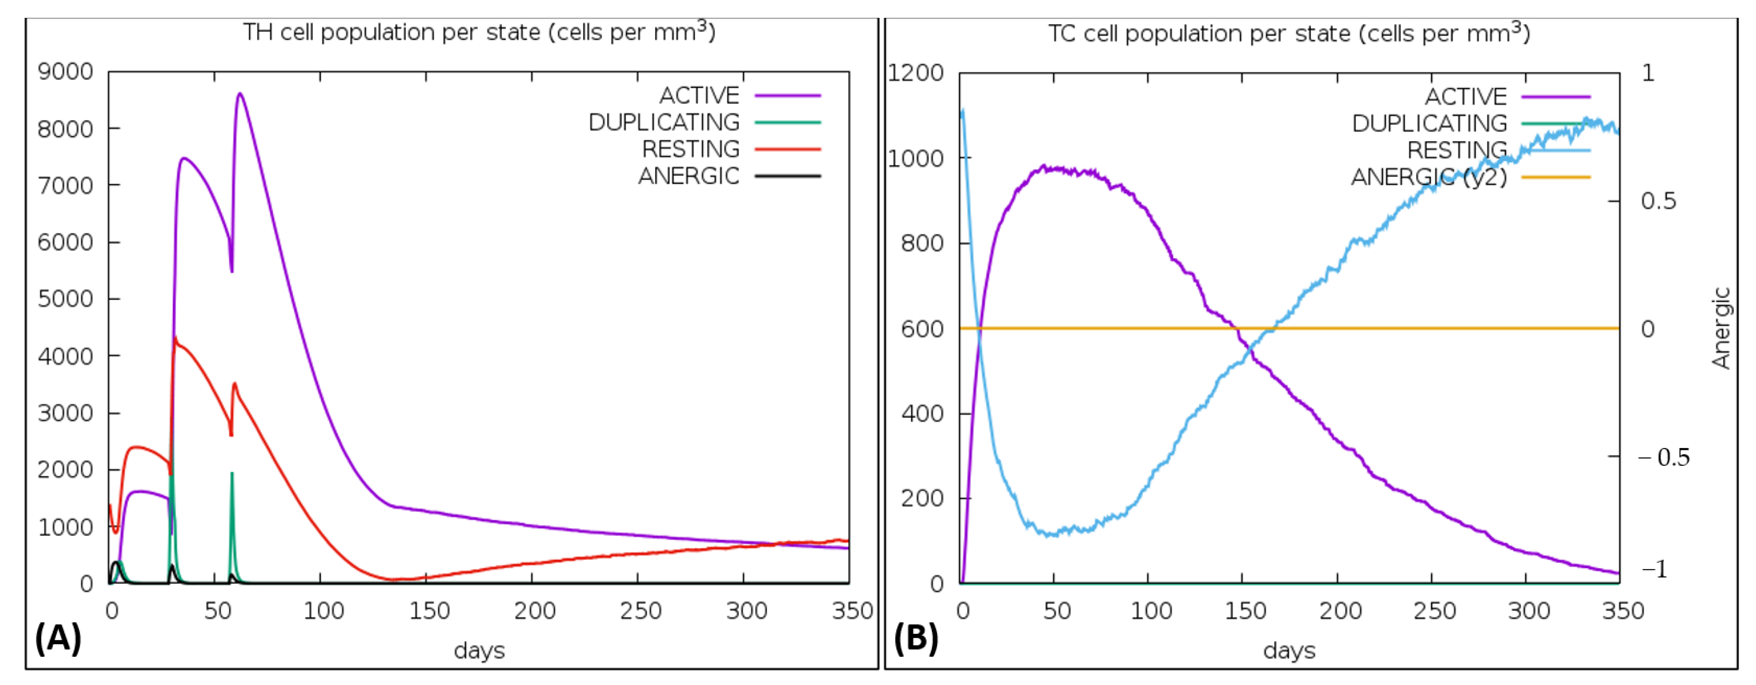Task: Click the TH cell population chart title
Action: [479, 32]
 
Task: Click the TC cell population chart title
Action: [1288, 33]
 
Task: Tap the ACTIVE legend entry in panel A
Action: [699, 96]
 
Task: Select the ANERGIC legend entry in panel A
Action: [689, 176]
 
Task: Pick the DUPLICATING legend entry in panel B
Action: [1429, 123]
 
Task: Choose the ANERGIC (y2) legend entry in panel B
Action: [1429, 177]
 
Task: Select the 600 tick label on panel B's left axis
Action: [922, 329]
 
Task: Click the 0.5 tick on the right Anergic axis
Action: [1658, 201]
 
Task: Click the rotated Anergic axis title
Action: [1721, 328]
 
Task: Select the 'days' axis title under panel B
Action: [1288, 650]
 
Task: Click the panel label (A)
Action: [58, 638]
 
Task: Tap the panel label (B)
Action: [916, 638]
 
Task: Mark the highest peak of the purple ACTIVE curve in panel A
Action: [240, 94]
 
